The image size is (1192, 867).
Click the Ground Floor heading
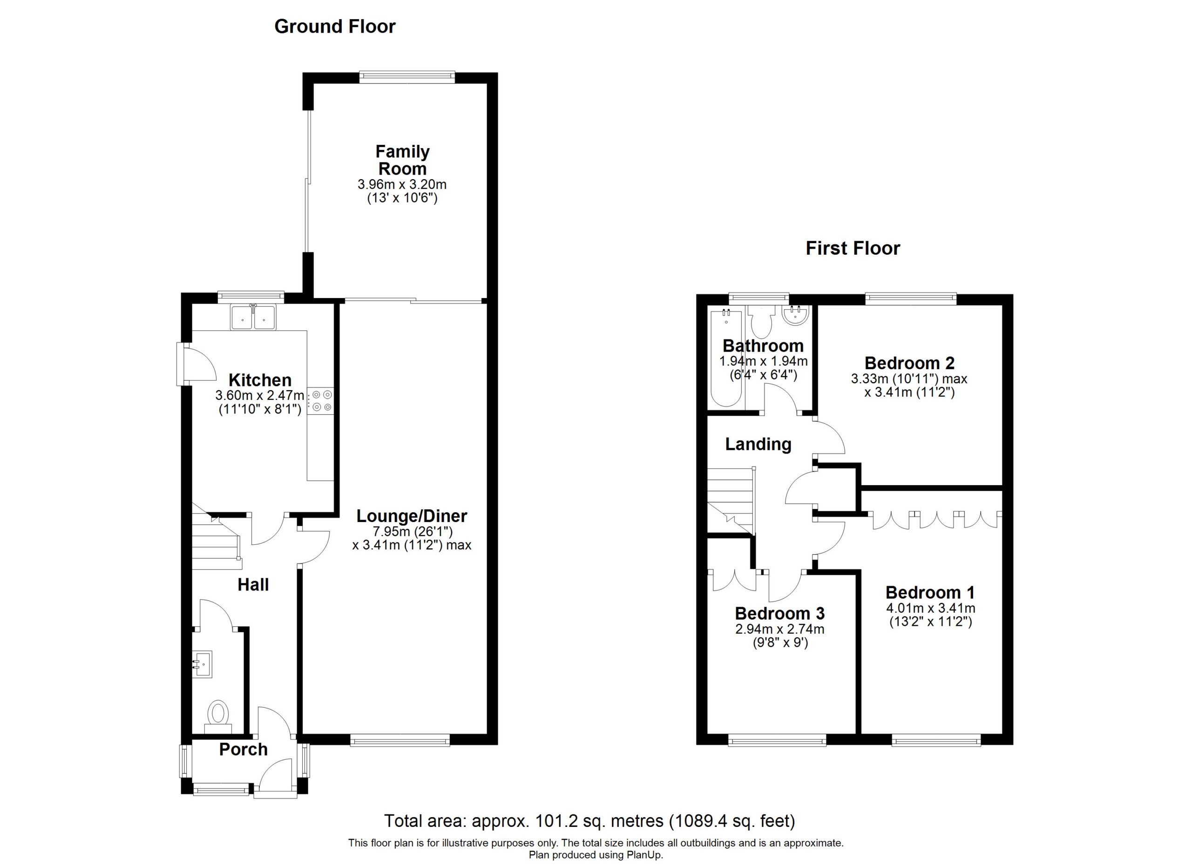335,26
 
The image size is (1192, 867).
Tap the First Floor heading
853,248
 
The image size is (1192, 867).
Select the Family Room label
403,160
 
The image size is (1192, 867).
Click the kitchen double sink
253,318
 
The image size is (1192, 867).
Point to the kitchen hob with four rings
321,400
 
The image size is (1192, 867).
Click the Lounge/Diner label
412,516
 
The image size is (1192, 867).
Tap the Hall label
253,584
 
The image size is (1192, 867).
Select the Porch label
244,749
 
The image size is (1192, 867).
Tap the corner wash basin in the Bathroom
796,316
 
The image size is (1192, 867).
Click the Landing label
758,444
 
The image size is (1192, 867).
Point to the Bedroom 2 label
909,363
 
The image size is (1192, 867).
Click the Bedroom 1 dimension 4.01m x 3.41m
931,609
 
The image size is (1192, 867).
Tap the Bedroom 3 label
779,613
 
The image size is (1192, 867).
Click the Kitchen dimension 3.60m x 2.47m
260,395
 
